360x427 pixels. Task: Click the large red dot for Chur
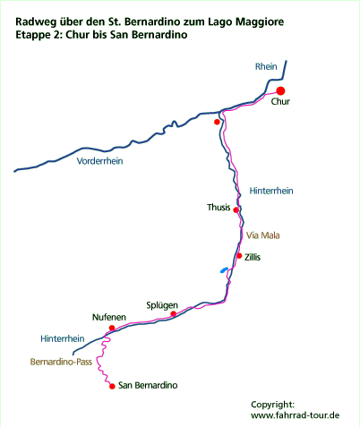280,91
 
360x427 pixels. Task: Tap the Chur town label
280,101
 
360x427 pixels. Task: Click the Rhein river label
266,66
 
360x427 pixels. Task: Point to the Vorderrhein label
99,161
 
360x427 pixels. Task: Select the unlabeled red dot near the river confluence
217,122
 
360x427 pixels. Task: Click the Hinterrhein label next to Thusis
271,191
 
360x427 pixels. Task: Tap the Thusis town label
219,207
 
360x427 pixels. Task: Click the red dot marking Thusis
236,210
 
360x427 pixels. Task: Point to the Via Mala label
263,235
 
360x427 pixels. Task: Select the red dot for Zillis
239,256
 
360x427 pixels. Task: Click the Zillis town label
253,257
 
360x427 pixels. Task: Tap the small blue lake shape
224,270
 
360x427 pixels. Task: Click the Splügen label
162,306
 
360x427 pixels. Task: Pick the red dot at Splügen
173,313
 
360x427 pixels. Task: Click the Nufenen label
109,317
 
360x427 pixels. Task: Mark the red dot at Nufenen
112,328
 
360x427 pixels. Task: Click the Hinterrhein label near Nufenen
63,338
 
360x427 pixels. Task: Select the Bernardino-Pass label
61,362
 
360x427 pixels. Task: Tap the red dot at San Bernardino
112,387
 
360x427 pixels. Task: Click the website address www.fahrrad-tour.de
296,415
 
